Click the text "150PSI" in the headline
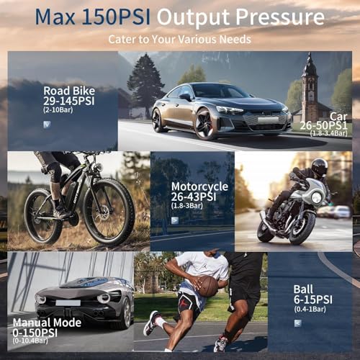[116, 17]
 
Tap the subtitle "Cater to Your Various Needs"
[179, 39]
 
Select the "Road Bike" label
[69, 91]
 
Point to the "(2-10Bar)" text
[58, 110]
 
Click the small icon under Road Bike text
[47, 125]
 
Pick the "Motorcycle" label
[199, 186]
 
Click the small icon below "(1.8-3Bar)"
[175, 220]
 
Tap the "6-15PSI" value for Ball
[313, 300]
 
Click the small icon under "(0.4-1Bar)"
[298, 323]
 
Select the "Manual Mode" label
[47, 323]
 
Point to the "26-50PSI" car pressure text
[324, 125]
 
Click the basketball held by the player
[207, 286]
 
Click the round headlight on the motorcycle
[316, 197]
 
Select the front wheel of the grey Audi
[204, 124]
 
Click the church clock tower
[310, 89]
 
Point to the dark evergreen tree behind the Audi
[145, 84]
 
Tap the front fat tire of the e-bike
[109, 212]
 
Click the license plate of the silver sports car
[68, 303]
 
